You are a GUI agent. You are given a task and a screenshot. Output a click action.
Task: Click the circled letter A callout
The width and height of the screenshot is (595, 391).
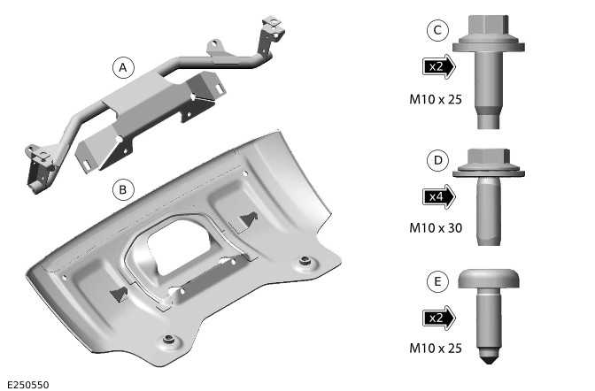coord(123,67)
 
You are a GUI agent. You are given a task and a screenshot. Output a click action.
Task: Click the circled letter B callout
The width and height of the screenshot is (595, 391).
coord(123,188)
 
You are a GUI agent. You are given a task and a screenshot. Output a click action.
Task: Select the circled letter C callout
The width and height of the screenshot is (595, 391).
coord(436,30)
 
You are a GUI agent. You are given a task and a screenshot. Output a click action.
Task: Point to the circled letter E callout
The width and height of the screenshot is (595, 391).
coord(436,282)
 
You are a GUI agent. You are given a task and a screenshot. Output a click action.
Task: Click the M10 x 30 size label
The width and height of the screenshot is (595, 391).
coord(436,227)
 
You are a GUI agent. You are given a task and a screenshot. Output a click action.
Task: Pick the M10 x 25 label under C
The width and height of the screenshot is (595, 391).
coord(436,99)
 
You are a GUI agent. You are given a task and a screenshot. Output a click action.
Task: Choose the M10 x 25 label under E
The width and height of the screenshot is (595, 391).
coord(436,349)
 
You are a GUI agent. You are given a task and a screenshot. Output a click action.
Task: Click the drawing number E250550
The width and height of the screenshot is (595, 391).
coord(27,384)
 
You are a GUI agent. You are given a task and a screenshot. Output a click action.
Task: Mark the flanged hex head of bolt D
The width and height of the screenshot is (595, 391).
coord(489,160)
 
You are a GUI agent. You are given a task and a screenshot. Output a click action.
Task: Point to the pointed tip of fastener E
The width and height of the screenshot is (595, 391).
coord(490,360)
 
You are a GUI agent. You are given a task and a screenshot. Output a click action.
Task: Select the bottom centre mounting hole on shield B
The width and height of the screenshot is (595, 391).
coord(168,340)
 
